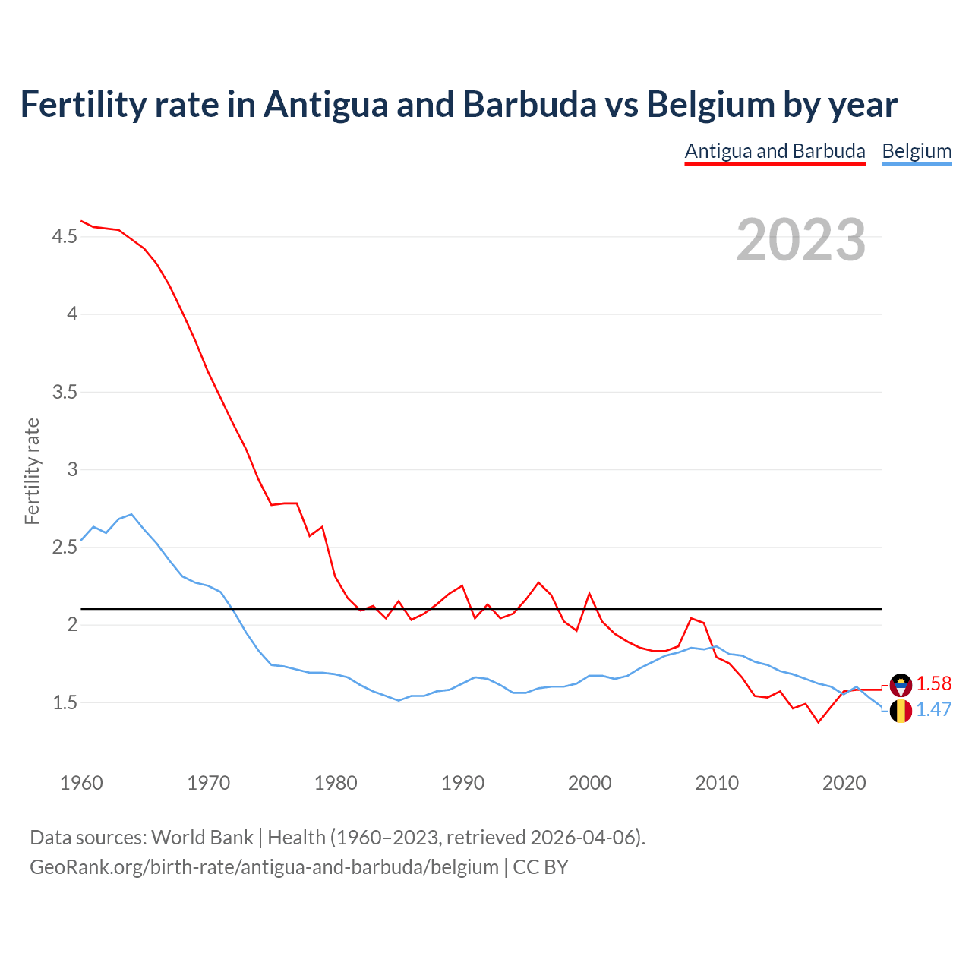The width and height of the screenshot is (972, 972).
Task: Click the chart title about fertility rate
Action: click(x=459, y=104)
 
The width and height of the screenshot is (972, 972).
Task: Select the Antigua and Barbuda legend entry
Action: click(x=775, y=151)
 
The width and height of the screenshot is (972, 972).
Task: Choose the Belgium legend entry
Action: click(x=917, y=151)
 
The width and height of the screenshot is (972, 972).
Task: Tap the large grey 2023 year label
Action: click(x=801, y=240)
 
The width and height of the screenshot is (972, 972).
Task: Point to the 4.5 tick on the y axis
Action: click(x=65, y=237)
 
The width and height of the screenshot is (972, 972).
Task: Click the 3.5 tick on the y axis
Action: click(x=65, y=393)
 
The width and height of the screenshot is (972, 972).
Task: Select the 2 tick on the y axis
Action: click(x=73, y=624)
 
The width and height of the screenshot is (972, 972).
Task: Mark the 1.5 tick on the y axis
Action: click(x=65, y=703)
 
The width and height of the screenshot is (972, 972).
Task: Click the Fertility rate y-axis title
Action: click(x=32, y=471)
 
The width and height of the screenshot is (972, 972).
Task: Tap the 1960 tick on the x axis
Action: click(x=81, y=783)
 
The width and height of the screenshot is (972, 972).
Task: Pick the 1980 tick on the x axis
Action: click(x=336, y=783)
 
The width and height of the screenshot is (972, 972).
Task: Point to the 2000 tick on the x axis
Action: click(x=590, y=783)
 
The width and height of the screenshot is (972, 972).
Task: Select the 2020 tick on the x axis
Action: click(x=844, y=783)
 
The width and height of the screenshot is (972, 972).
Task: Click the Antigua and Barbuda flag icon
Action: click(x=901, y=684)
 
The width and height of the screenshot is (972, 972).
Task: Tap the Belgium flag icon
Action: click(x=901, y=711)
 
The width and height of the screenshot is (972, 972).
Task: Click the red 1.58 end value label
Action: click(x=933, y=683)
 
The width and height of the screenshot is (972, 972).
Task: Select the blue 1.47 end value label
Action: click(x=933, y=709)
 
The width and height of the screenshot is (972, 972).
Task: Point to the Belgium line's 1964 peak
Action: click(x=131, y=515)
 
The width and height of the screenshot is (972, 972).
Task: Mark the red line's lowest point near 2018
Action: click(x=818, y=722)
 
